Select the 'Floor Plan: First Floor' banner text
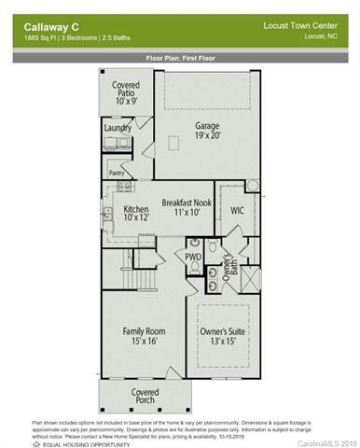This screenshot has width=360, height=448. (x=180, y=57)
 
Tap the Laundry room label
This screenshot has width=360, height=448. (x=118, y=128)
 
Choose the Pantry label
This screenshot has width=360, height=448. (x=118, y=173)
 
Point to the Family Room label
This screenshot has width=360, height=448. (x=144, y=331)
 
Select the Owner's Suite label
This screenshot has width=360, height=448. (x=223, y=331)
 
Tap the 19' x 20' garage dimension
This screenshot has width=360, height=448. (x=207, y=136)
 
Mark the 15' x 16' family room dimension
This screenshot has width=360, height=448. (x=144, y=343)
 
